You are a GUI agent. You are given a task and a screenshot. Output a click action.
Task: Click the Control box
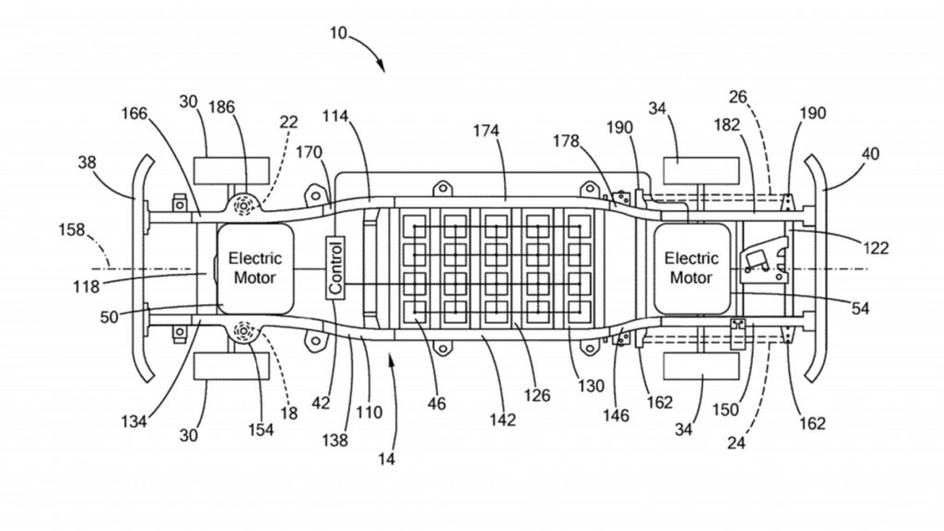pyautogui.click(x=336, y=266)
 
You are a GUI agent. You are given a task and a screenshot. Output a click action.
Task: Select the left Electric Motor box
pyautogui.click(x=255, y=268)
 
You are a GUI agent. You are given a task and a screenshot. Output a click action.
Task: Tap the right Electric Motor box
pyautogui.click(x=691, y=268)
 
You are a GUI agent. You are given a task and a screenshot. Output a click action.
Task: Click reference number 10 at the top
pyautogui.click(x=338, y=33)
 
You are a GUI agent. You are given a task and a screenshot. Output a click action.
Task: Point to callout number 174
pyautogui.click(x=486, y=130)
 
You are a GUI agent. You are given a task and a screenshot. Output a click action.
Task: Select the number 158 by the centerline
pyautogui.click(x=72, y=230)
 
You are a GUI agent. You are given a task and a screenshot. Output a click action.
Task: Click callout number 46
pyautogui.click(x=436, y=403)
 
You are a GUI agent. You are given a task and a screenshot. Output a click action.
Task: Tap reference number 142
pyautogui.click(x=502, y=419)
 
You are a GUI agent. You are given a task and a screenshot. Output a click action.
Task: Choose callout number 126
pyautogui.click(x=537, y=395)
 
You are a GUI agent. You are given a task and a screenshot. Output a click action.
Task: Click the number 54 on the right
pyautogui.click(x=860, y=308)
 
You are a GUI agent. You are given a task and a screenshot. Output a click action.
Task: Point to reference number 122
pyautogui.click(x=876, y=247)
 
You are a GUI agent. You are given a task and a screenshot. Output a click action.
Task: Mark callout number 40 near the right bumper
pyautogui.click(x=870, y=154)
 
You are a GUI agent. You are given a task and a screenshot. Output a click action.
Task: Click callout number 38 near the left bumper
pyautogui.click(x=87, y=162)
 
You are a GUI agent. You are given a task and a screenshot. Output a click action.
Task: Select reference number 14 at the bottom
pyautogui.click(x=386, y=459)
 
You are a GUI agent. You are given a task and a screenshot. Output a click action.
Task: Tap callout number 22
pyautogui.click(x=289, y=122)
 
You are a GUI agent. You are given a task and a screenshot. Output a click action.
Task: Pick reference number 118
pyautogui.click(x=86, y=287)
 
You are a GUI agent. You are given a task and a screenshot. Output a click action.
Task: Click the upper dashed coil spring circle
pyautogui.click(x=243, y=206)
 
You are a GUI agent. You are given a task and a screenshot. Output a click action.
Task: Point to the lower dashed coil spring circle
pyautogui.click(x=243, y=332)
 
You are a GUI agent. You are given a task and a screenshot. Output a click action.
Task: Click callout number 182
pyautogui.click(x=726, y=124)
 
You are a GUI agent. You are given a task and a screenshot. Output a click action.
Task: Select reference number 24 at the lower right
pyautogui.click(x=736, y=443)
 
